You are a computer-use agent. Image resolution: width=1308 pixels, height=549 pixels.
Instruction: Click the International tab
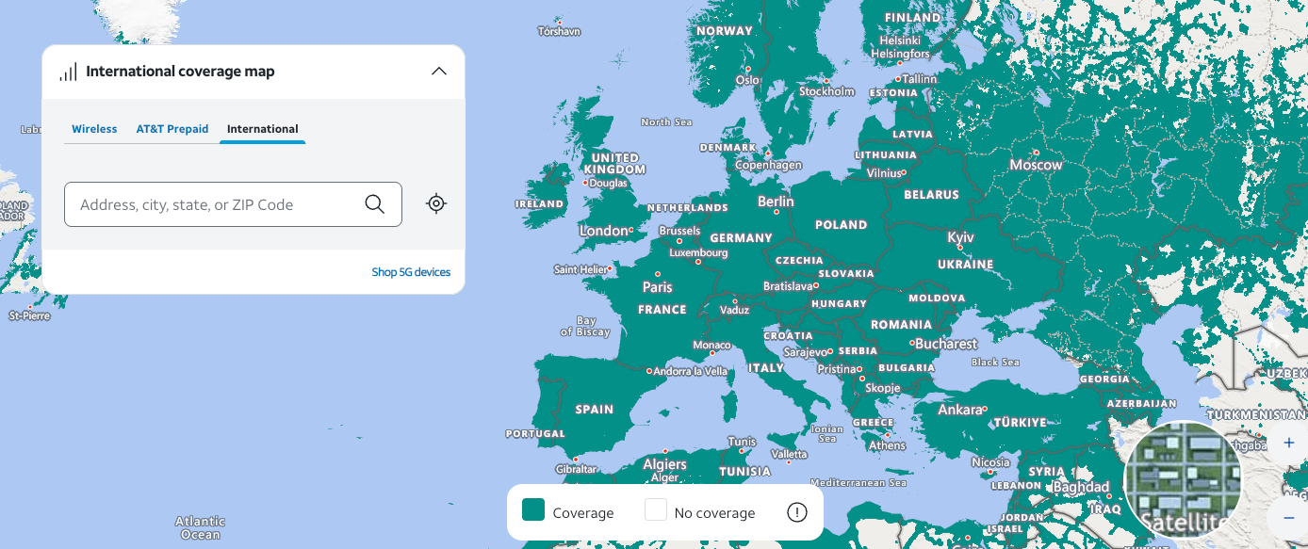[x=262, y=129]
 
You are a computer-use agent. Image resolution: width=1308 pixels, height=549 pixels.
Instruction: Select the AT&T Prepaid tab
[x=172, y=129]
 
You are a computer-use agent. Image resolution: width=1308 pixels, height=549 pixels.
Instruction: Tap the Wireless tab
[x=94, y=129]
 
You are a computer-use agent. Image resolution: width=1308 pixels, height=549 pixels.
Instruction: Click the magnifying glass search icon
[x=374, y=204]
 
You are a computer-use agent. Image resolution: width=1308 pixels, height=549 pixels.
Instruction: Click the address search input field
[x=212, y=204]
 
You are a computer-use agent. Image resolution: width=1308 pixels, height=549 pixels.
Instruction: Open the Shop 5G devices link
[x=411, y=272]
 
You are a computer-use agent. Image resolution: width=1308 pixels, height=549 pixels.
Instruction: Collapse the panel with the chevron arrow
[x=438, y=72]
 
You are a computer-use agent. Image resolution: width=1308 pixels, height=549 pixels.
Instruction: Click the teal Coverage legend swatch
[x=533, y=510]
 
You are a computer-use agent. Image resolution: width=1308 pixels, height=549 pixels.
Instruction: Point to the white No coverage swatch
[x=656, y=510]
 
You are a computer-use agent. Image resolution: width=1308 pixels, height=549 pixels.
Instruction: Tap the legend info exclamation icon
[x=797, y=512]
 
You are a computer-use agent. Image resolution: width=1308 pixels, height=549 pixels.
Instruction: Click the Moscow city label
[x=1036, y=165]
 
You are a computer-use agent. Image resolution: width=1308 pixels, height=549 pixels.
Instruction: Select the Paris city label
[x=658, y=286]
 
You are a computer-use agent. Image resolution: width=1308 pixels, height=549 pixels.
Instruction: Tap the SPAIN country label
[x=594, y=410]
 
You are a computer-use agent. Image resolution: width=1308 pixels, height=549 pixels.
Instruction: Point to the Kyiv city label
[x=960, y=237]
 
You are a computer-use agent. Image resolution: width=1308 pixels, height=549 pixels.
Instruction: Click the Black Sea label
[x=995, y=362]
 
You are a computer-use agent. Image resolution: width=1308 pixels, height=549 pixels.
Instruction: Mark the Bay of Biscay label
[x=585, y=327]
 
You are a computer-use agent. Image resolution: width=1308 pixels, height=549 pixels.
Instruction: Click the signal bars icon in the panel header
[x=68, y=72]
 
